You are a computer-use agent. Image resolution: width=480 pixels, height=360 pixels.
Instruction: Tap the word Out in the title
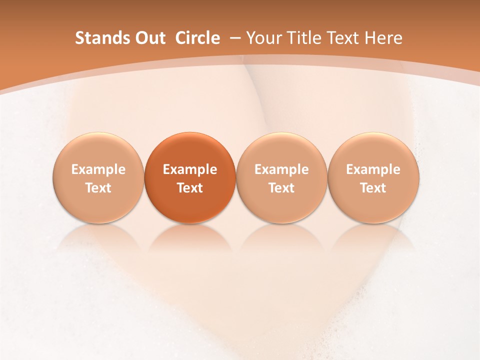(149, 38)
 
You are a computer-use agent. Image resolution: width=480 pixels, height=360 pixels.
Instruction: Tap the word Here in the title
(383, 38)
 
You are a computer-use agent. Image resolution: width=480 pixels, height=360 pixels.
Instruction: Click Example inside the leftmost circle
(98, 169)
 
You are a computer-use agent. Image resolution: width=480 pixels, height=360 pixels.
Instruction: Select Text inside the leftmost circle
(98, 188)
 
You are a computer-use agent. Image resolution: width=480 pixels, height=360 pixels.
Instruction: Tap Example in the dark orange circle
(190, 169)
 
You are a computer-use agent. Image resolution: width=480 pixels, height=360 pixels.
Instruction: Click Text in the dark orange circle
(190, 188)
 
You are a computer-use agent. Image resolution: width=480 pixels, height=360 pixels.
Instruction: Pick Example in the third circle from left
(281, 169)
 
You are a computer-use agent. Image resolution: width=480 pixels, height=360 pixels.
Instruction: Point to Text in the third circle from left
(281, 188)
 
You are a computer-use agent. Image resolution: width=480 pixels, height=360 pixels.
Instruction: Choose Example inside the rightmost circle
(373, 169)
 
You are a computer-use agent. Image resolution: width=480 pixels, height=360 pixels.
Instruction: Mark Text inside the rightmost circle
(373, 188)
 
